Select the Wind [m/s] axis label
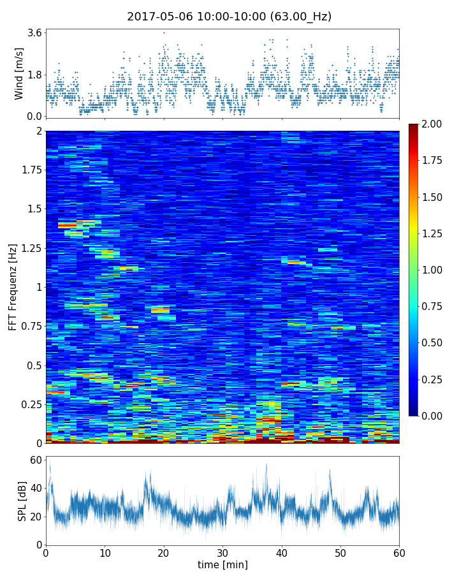(x=19, y=73)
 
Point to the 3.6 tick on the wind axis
(x=34, y=33)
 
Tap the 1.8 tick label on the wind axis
(x=34, y=75)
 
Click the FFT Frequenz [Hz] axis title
(x=13, y=286)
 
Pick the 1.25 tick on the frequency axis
(x=30, y=248)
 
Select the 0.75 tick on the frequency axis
(x=30, y=326)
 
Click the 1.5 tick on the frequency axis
(x=33, y=209)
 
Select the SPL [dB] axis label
(x=22, y=501)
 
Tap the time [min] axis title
(x=222, y=564)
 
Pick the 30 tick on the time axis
(x=222, y=552)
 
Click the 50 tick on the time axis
(x=340, y=552)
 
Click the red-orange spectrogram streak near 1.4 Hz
(x=67, y=225)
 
